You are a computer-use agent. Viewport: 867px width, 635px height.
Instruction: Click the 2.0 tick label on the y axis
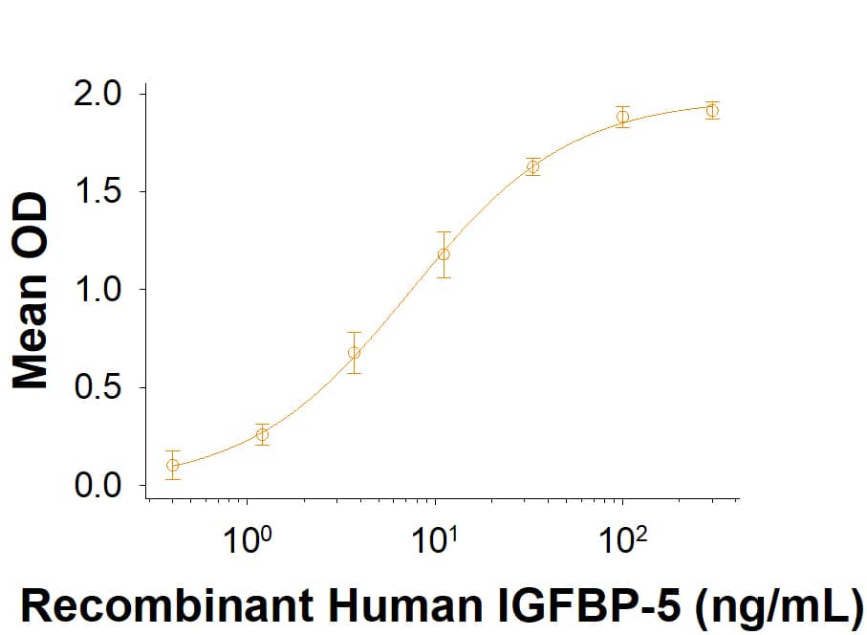[99, 94]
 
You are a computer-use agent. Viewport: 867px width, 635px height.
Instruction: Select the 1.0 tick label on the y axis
[99, 290]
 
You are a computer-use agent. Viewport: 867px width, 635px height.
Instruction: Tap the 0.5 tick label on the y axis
[99, 388]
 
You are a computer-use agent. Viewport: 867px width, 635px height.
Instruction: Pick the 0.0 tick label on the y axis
[99, 486]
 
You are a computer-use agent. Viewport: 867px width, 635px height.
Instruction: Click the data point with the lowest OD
[172, 466]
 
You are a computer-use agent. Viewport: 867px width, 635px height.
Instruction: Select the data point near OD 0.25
[262, 435]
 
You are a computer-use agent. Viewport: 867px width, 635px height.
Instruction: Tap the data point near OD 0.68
[354, 353]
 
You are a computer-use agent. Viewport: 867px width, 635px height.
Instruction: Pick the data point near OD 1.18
[444, 254]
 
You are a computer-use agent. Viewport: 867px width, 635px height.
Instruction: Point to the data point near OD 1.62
[532, 167]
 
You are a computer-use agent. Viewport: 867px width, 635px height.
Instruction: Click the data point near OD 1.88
[622, 118]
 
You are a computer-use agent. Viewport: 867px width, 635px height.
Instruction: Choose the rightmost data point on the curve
[712, 111]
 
